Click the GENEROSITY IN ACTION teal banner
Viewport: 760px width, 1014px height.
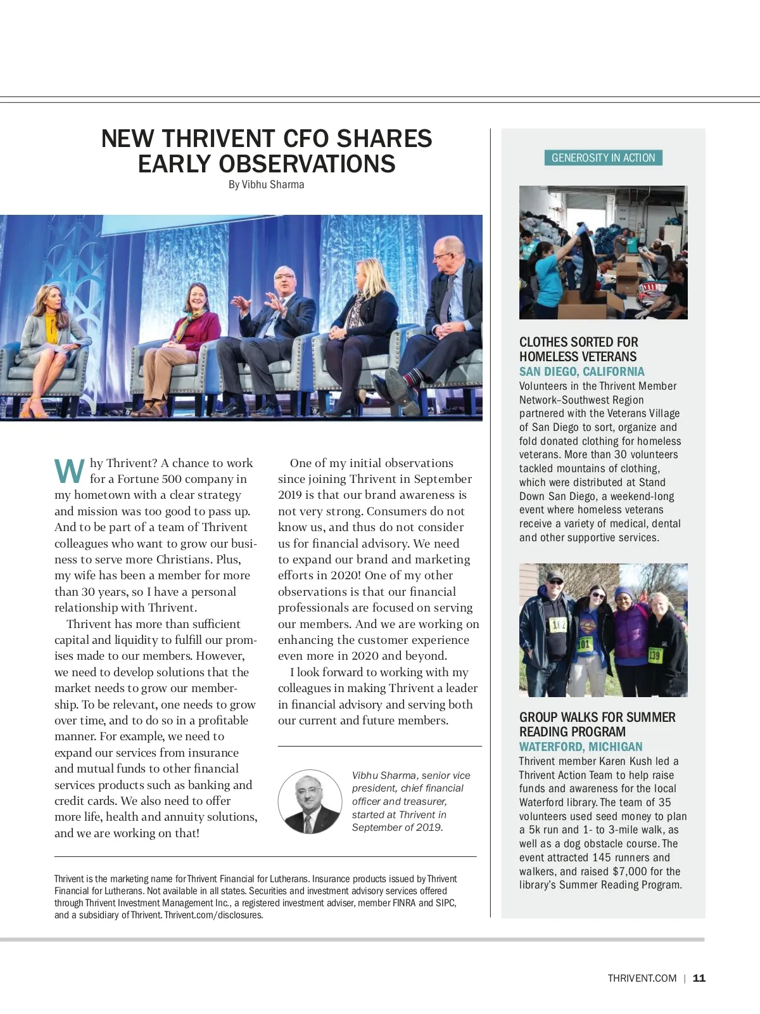tap(603, 158)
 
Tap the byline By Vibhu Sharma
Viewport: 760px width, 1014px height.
tap(266, 184)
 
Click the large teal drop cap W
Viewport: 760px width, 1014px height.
tap(69, 472)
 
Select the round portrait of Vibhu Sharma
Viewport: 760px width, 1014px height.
tap(310, 802)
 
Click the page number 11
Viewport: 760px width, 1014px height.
tap(699, 978)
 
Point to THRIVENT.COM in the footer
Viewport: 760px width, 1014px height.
tap(642, 978)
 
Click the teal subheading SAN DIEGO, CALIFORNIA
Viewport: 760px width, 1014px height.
tap(581, 372)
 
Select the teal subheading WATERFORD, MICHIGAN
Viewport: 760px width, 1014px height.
tap(581, 747)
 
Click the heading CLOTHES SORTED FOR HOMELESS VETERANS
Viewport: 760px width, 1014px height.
tap(578, 349)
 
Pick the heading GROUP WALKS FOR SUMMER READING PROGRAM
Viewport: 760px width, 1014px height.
tap(597, 724)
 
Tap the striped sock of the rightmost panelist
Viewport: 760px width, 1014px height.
tap(410, 378)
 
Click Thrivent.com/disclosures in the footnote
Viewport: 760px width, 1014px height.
tap(213, 915)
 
